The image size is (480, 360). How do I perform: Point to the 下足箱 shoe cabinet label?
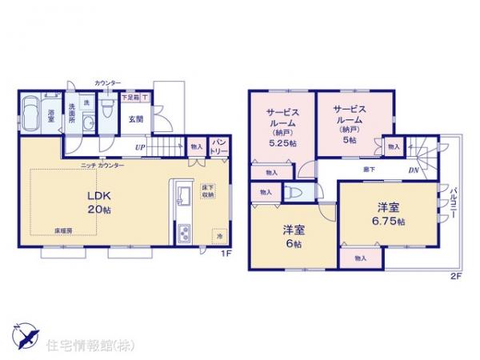coord(130,98)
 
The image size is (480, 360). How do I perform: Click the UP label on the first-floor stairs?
coord(140,147)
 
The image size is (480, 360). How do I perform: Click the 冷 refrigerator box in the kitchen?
coord(218,235)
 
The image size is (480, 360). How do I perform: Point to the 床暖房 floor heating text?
coord(65,230)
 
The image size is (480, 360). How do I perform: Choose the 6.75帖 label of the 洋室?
coord(390,220)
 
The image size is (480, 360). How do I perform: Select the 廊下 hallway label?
coord(370,170)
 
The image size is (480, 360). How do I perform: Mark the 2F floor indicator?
coord(454,276)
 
